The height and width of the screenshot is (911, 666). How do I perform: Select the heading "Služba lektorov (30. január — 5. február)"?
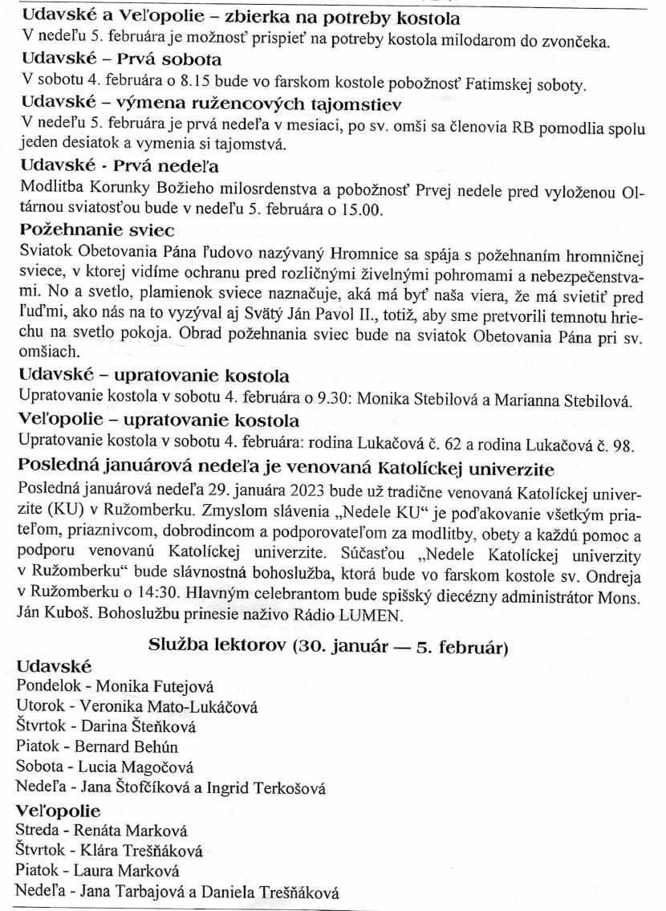click(327, 646)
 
